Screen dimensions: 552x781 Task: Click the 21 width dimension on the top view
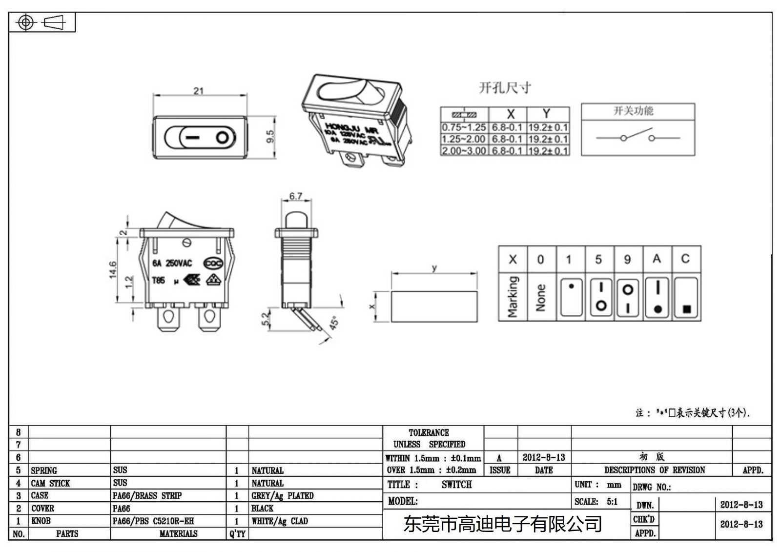[x=198, y=91]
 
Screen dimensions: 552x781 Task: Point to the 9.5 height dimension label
[x=270, y=137]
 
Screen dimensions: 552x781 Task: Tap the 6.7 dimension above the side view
[x=296, y=196]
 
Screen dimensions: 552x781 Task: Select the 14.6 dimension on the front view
[x=113, y=270]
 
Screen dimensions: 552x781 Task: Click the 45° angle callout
[x=334, y=323]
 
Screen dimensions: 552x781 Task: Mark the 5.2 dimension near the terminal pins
[x=266, y=319]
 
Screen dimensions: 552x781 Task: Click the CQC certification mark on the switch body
[x=213, y=263]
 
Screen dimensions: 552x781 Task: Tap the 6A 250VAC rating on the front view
[x=172, y=263]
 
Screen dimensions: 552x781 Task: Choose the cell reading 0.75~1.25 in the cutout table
[x=464, y=127]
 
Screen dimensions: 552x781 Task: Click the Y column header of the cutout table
[x=547, y=114]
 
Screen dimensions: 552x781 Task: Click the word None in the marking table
[x=540, y=297]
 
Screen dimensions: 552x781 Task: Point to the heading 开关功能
[x=633, y=111]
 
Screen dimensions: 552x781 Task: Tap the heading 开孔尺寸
[x=505, y=88]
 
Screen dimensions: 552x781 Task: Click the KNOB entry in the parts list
[x=41, y=521]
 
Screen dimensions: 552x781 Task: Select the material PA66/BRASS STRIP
[x=147, y=495]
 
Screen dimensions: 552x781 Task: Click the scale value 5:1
[x=612, y=501]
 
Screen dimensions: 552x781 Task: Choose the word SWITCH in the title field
[x=456, y=484]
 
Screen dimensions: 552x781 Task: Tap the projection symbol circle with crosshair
[x=26, y=22]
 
